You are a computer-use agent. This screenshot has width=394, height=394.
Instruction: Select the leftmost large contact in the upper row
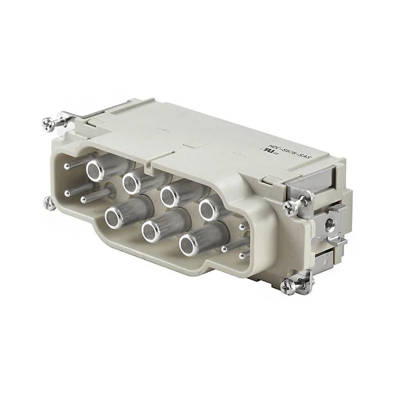coord(96,171)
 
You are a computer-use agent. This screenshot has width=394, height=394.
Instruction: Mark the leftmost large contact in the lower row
coord(115,215)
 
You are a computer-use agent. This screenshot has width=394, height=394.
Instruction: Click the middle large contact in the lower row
coord(151,231)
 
